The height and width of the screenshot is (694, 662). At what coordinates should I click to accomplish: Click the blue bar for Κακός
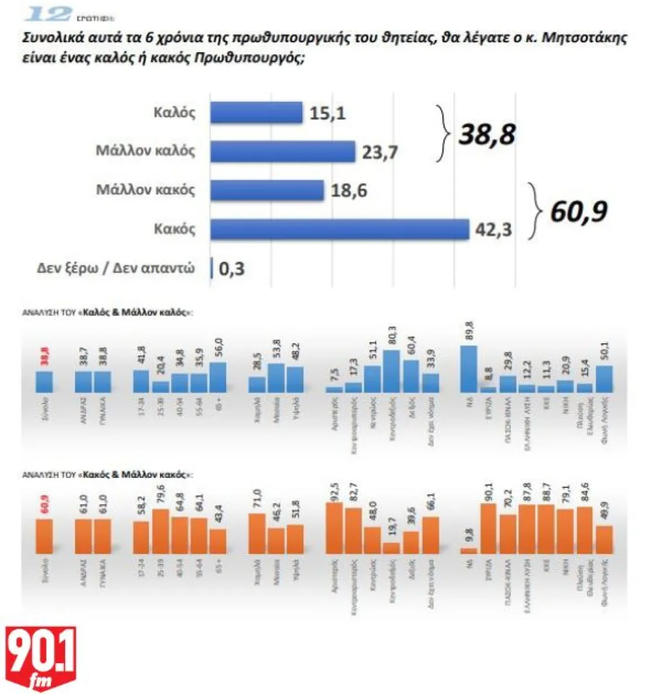[340, 229]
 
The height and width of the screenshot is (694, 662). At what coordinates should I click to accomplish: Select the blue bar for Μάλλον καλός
[282, 152]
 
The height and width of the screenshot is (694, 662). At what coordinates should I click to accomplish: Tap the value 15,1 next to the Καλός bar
[327, 114]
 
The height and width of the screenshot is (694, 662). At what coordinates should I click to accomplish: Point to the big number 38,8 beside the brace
[487, 134]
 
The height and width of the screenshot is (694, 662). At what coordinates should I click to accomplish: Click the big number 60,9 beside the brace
[578, 212]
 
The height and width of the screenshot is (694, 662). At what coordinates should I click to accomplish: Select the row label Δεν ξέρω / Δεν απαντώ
[116, 268]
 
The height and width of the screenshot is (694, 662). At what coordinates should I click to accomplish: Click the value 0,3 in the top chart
[231, 269]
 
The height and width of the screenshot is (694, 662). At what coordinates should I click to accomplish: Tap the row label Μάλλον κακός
[145, 190]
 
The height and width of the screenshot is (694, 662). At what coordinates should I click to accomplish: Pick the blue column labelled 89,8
[469, 369]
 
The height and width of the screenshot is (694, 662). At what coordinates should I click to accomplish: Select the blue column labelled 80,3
[391, 371]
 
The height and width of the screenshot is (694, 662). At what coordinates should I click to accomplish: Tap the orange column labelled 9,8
[469, 551]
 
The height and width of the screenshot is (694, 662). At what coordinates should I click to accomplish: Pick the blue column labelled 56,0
[218, 377]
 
